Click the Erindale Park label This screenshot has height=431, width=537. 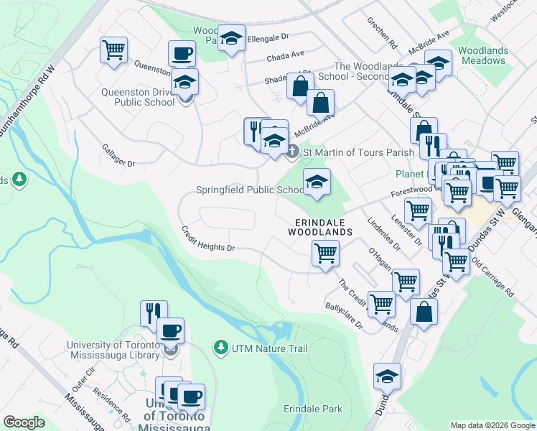312,409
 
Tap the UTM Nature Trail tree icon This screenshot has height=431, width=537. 221,348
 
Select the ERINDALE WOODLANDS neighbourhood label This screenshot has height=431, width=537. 320,228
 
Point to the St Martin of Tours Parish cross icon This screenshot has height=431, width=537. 292,152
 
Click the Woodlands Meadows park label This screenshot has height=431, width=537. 482,56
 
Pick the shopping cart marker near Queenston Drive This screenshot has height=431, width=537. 114,51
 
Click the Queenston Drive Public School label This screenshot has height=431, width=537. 138,97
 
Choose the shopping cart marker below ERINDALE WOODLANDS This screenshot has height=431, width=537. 325,254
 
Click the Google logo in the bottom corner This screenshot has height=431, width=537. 24,422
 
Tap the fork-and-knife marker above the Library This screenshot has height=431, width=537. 154,312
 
